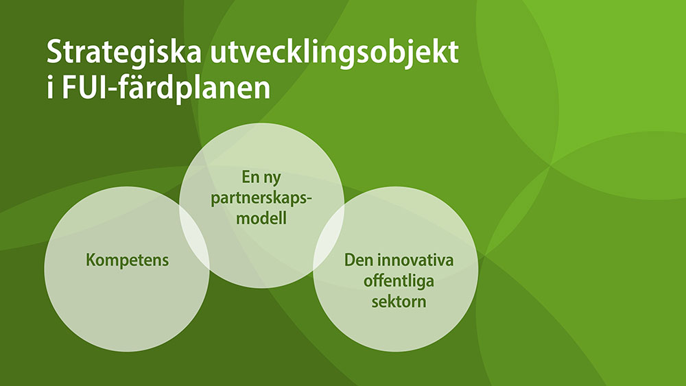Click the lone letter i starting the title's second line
click(x=50, y=88)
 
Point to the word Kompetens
click(x=128, y=260)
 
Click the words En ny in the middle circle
click(x=261, y=178)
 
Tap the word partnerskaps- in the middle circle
click(x=261, y=198)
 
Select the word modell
click(x=261, y=217)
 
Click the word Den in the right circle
click(x=358, y=260)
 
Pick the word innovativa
click(x=415, y=260)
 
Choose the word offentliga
click(x=399, y=280)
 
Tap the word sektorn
click(x=399, y=302)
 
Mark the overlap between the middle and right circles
click(x=329, y=236)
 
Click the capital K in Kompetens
click(x=91, y=260)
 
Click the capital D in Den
click(x=350, y=260)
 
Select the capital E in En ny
click(x=246, y=177)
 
